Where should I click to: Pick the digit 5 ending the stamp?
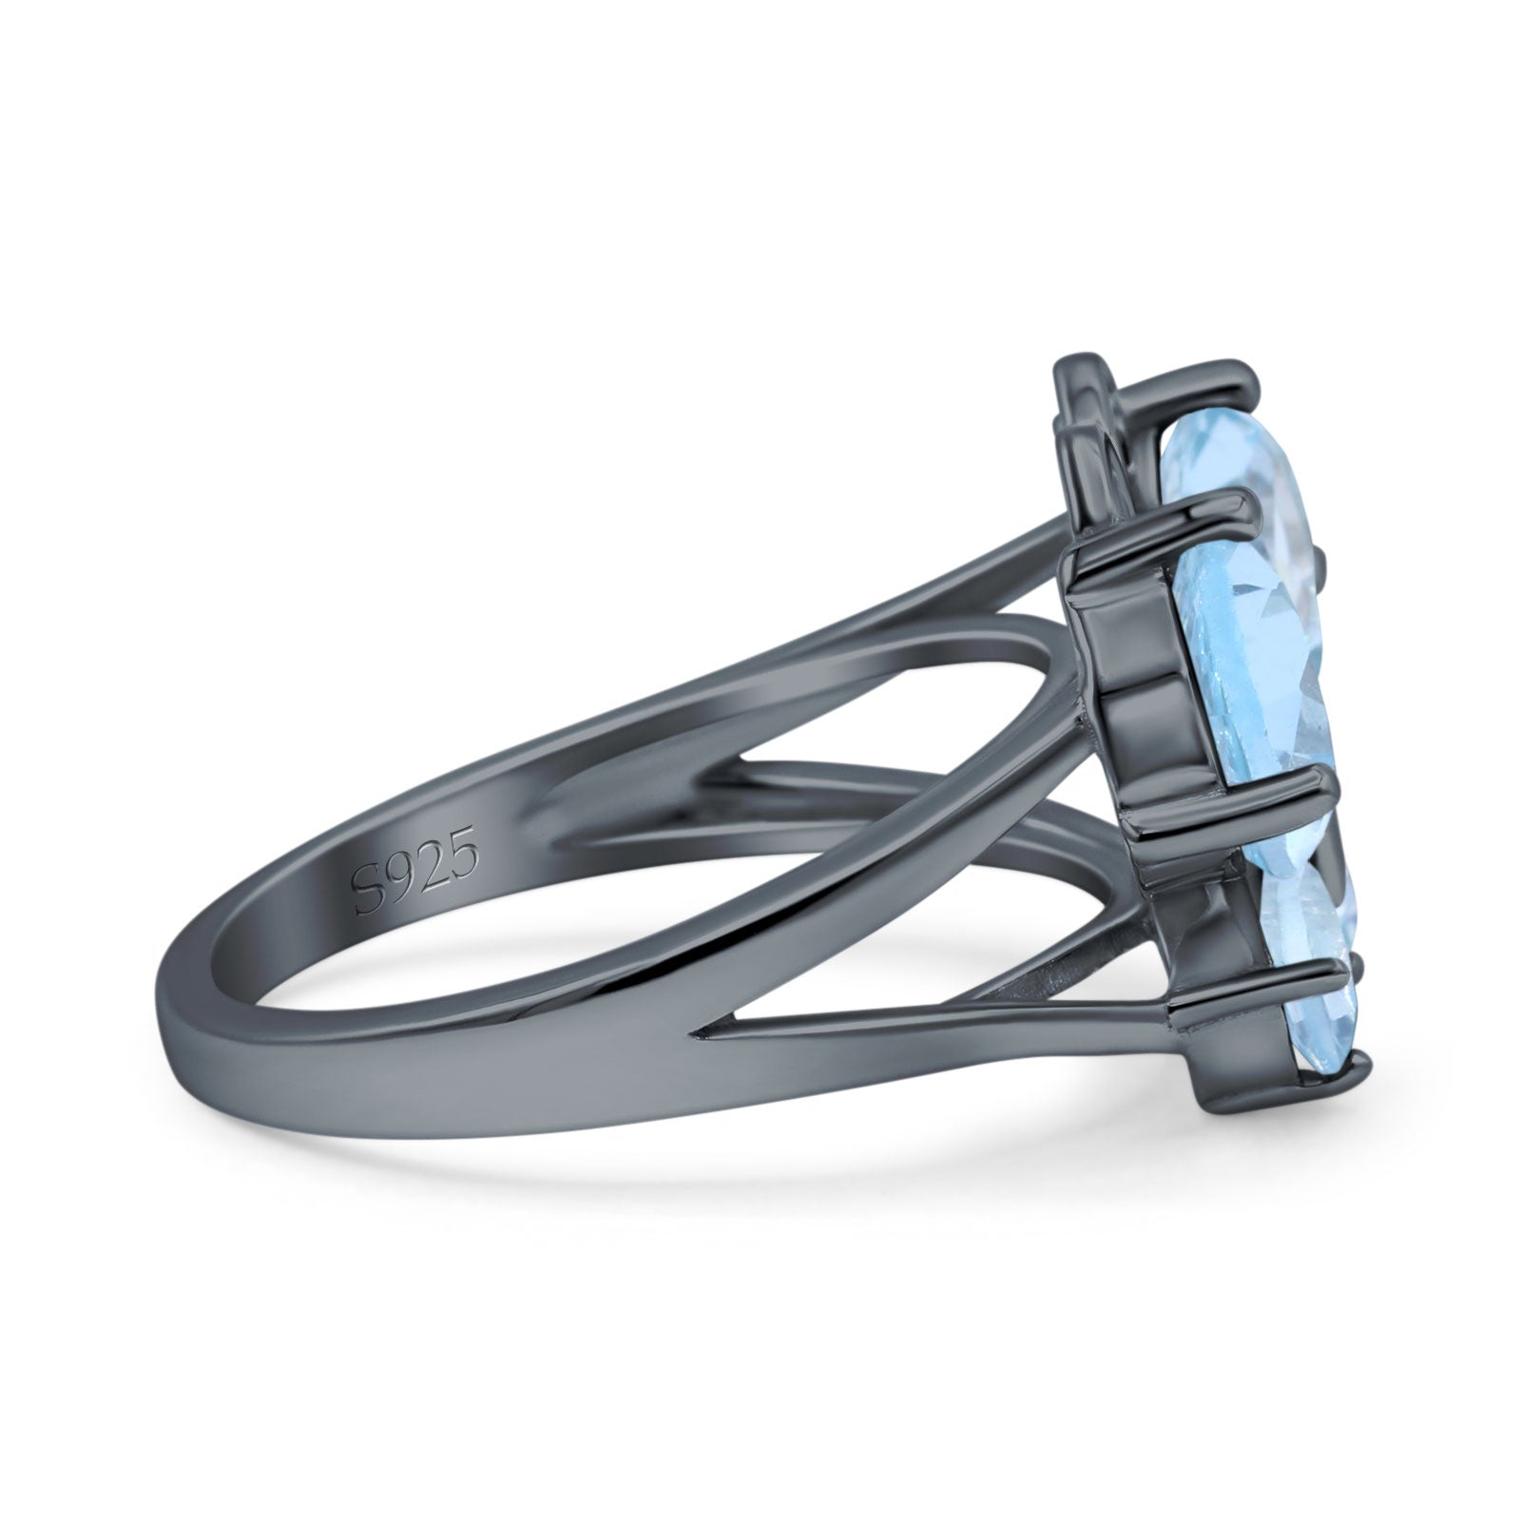pos(464,838)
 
